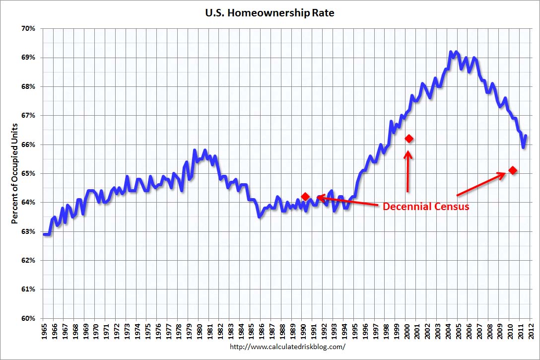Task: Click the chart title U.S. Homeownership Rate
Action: click(x=270, y=13)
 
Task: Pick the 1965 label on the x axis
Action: click(x=43, y=330)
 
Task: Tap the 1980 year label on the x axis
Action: click(x=199, y=330)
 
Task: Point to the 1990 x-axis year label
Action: click(x=302, y=330)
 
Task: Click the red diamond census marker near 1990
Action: click(x=305, y=197)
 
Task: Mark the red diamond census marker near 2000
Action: click(x=409, y=139)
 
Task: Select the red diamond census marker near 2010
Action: click(x=513, y=170)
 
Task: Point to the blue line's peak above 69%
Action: click(x=451, y=52)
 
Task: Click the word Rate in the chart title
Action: click(x=323, y=13)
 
